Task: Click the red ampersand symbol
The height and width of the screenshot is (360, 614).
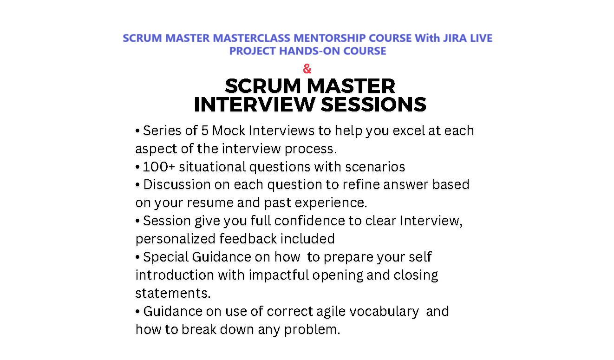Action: [x=307, y=69]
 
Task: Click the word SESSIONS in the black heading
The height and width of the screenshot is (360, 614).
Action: [x=373, y=105]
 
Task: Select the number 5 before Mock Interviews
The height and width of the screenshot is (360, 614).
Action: [x=205, y=131]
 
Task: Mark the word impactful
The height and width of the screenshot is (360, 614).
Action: [x=279, y=275]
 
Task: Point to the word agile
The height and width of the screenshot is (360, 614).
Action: [x=329, y=311]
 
